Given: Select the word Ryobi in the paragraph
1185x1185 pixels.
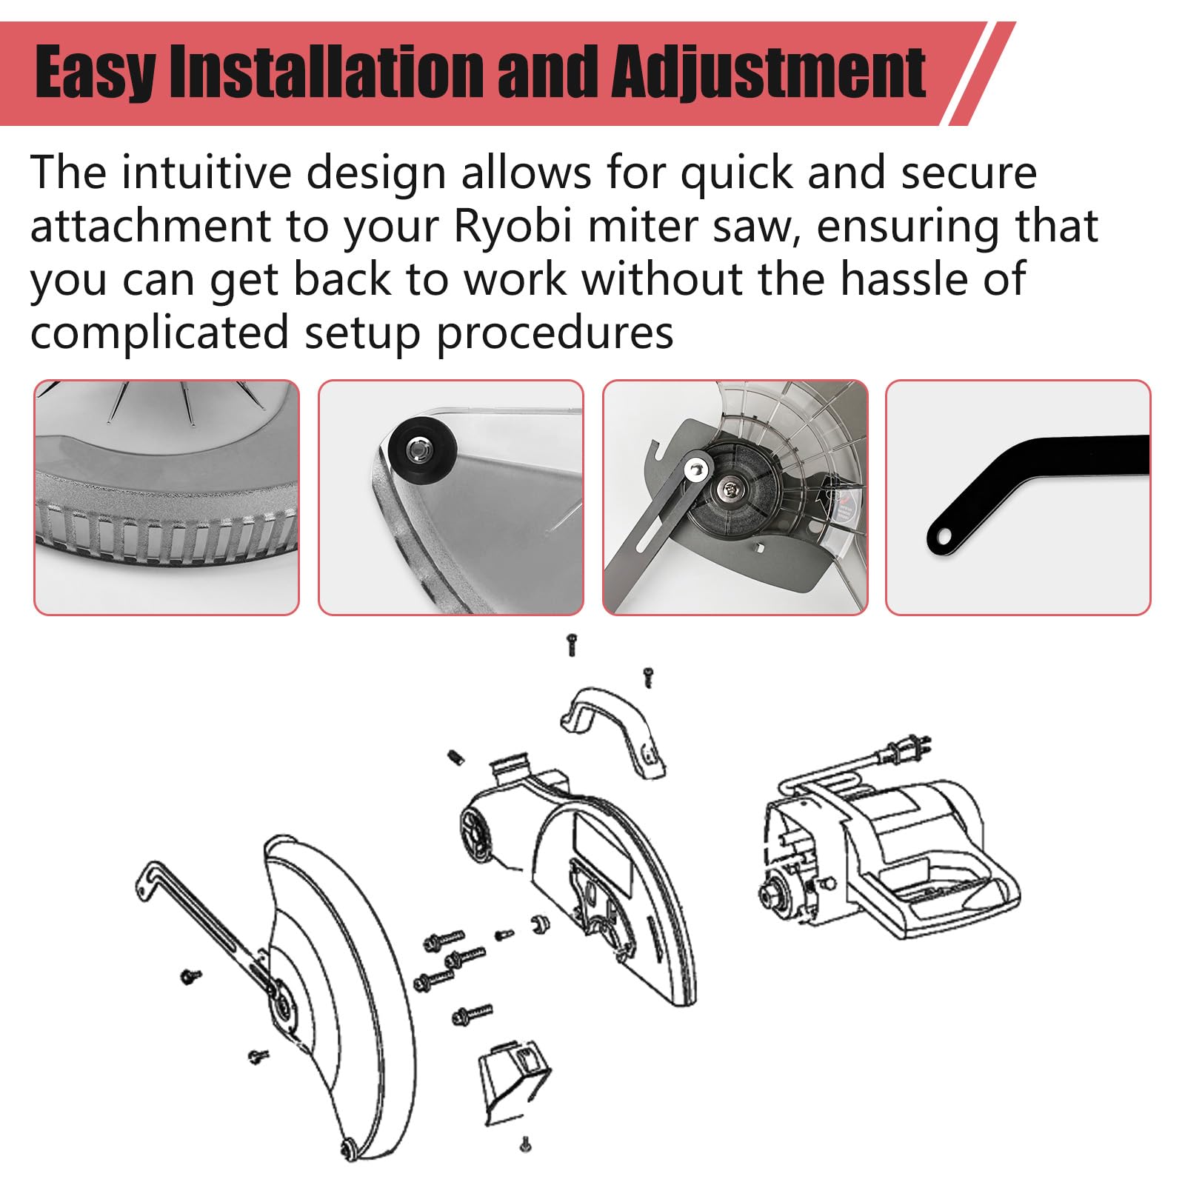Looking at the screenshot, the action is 513,227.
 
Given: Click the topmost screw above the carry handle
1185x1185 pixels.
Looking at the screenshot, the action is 571,644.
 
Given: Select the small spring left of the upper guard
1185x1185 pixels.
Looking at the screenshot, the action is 455,757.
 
